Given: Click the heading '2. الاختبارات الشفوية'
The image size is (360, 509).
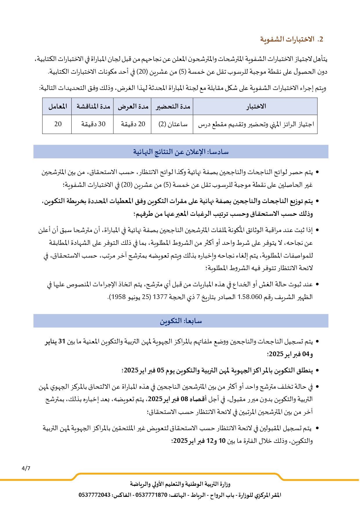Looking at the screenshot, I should click(291, 39).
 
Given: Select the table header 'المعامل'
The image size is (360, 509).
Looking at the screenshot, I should click(57, 106).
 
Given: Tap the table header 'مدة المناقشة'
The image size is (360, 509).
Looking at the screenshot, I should click(93, 106).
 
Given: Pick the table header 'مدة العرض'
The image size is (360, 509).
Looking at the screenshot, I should click(133, 106).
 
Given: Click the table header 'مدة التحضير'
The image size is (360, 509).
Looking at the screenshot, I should click(173, 106).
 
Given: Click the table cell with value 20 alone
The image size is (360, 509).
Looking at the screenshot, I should click(58, 124).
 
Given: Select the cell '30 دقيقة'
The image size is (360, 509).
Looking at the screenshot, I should click(93, 124).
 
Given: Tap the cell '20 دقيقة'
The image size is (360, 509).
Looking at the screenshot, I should click(133, 124).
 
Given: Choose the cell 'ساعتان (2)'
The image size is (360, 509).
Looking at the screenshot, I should click(173, 124).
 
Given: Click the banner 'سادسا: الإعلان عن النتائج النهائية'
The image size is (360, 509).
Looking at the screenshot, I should click(181, 152).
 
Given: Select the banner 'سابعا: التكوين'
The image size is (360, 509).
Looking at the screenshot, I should click(181, 321).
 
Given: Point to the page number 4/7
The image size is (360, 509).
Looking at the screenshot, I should click(26, 468).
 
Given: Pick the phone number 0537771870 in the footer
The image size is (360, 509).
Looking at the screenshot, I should click(151, 495).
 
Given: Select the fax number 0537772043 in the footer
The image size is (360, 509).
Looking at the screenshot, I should click(94, 495).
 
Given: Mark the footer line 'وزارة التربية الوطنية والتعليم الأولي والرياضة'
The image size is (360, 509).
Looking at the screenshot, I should click(180, 484).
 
